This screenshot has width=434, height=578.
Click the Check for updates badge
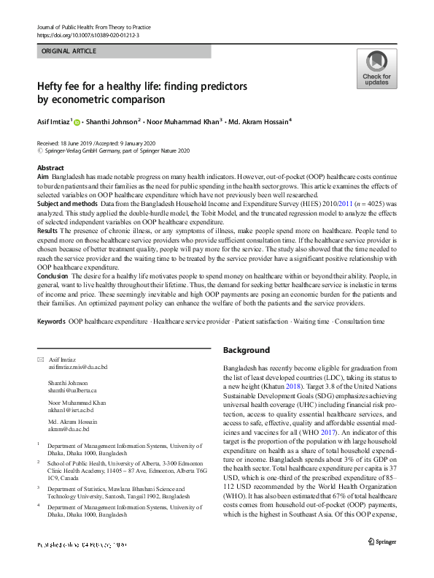tap(376, 69)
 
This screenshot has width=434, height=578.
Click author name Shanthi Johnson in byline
tap(113, 121)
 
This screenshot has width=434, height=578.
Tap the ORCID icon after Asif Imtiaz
tap(77, 121)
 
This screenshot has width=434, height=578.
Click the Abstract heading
tap(50, 168)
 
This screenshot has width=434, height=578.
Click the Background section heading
tap(246, 350)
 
